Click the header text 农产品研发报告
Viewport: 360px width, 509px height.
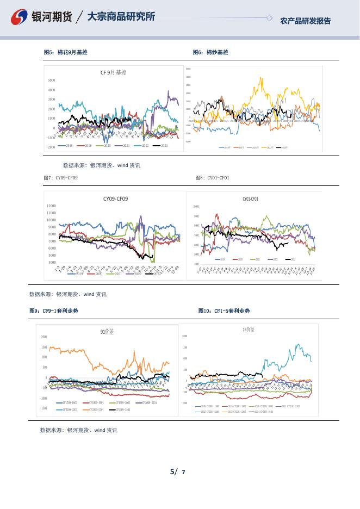305,21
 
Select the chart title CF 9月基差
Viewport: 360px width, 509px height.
113,72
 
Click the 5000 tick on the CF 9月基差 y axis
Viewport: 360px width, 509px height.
51,80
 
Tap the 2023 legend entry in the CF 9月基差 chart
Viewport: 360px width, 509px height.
161,146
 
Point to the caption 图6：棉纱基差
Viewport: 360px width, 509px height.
210,52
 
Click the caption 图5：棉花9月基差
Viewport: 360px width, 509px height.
65,52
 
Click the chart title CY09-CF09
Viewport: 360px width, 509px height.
115,199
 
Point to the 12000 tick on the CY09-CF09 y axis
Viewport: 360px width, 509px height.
51,206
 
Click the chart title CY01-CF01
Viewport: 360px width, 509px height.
250,199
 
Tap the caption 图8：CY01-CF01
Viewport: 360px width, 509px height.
212,178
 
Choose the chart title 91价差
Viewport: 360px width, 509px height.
107,331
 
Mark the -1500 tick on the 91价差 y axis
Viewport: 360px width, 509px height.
43,408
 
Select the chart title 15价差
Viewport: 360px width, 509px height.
248,330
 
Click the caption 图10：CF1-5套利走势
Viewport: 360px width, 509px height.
224,311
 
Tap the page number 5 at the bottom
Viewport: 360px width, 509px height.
173,471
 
